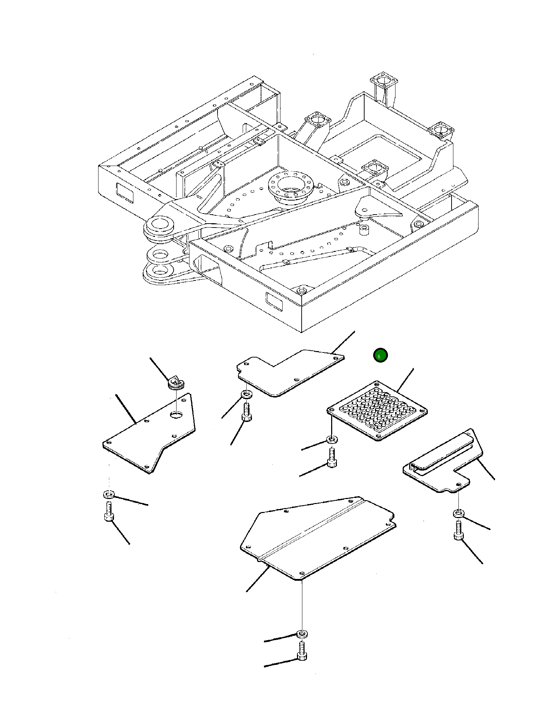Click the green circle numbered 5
[380, 355]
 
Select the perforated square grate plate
[377, 410]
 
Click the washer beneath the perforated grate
[332, 439]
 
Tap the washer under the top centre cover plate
[247, 394]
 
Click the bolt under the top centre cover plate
[247, 412]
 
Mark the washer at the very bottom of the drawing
[302, 633]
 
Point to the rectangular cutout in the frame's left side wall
[124, 192]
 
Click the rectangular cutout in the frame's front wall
[274, 302]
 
